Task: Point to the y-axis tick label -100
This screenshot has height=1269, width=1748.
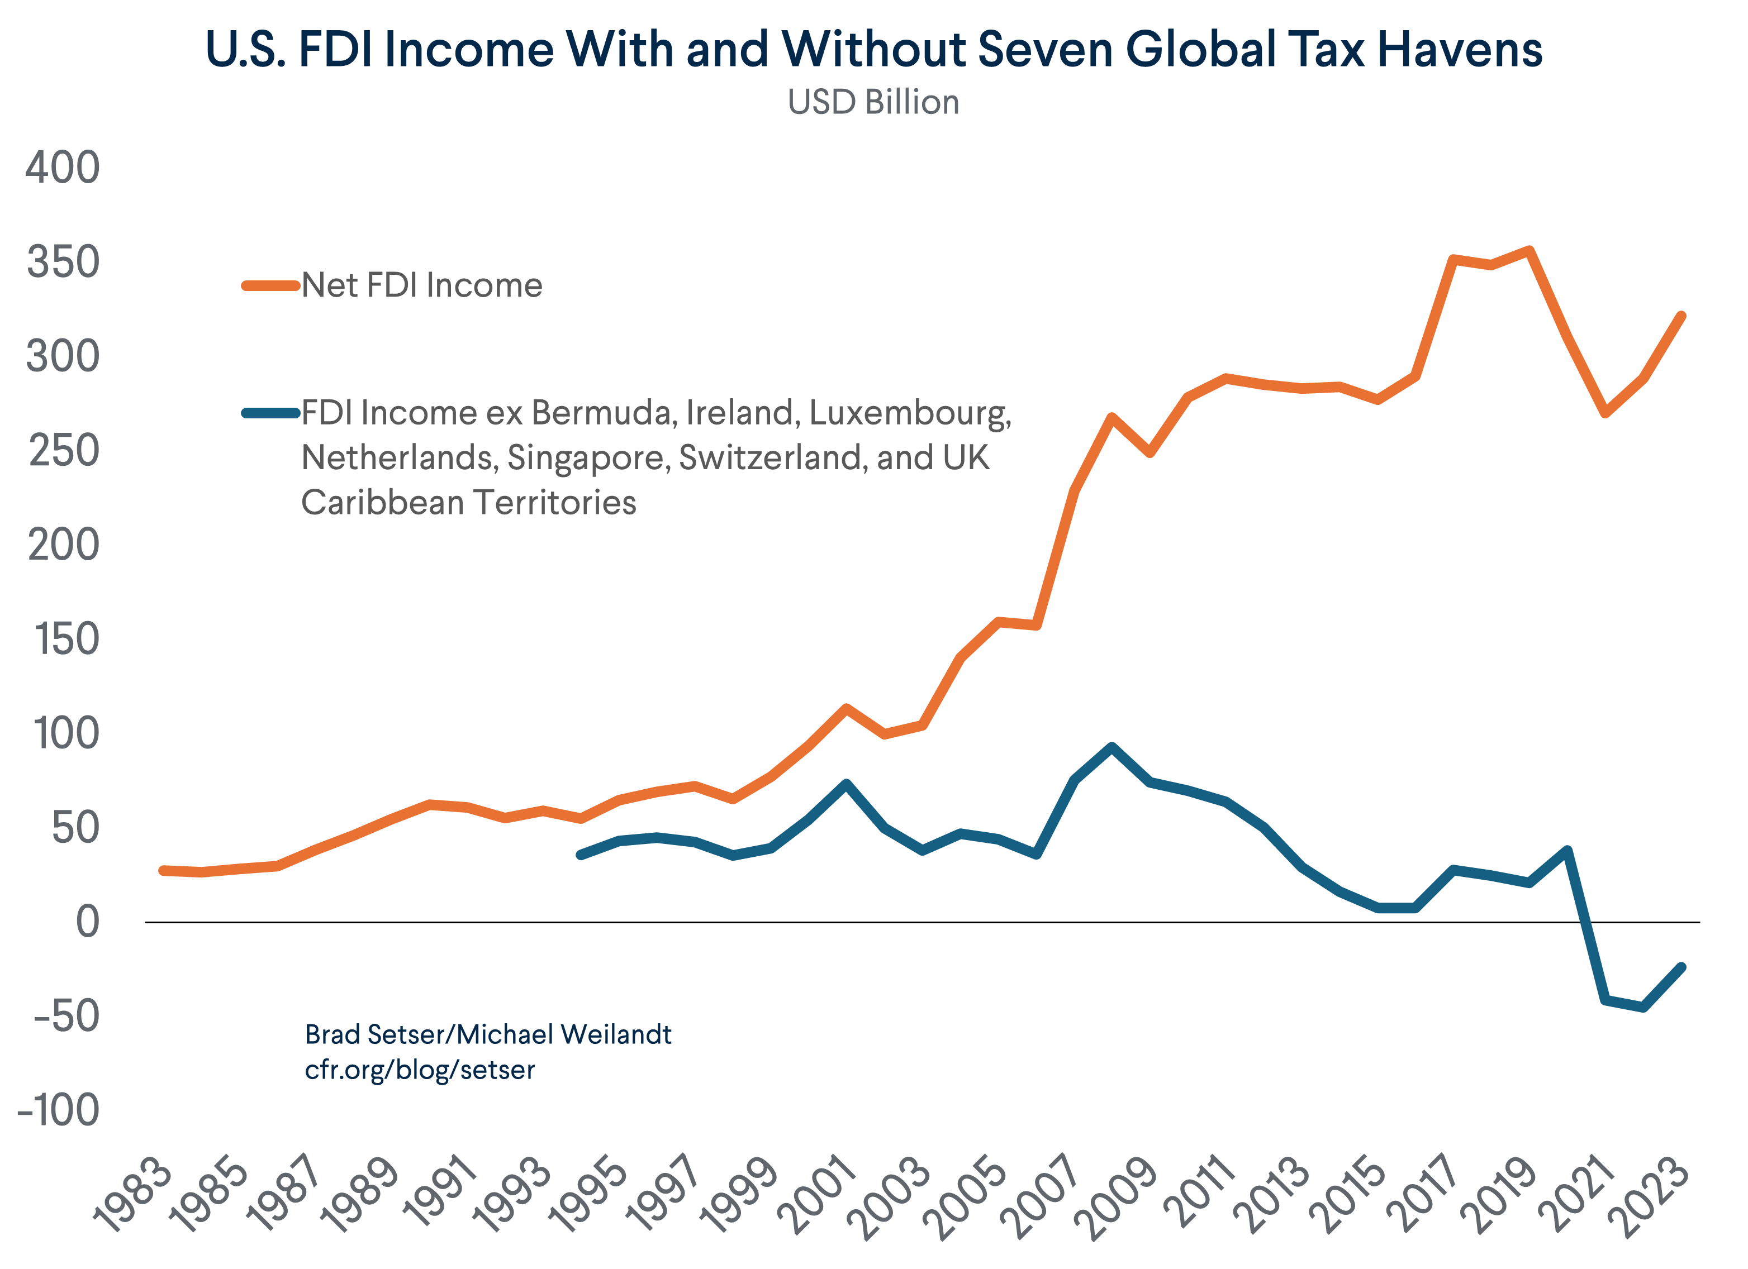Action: point(59,1110)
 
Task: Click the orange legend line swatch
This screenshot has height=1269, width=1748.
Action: point(270,286)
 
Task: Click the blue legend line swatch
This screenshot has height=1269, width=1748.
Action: point(270,413)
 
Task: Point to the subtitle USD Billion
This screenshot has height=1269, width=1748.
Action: point(873,102)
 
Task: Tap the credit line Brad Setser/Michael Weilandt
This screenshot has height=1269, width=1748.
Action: point(488,1034)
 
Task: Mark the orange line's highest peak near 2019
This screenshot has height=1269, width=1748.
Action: point(1529,250)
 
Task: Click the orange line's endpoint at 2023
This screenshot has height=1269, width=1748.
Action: point(1681,317)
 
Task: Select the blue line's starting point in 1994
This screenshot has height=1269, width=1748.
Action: point(581,855)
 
